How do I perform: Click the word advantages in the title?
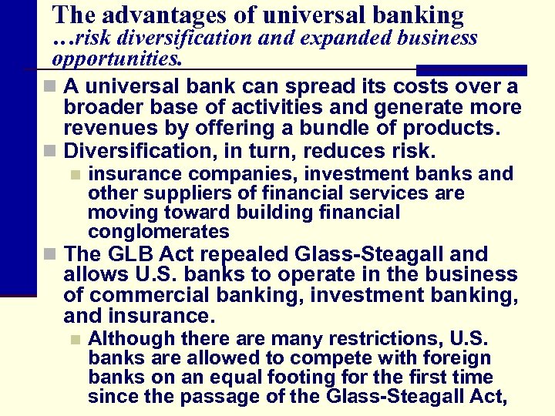point(159,15)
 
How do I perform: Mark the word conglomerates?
point(159,232)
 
